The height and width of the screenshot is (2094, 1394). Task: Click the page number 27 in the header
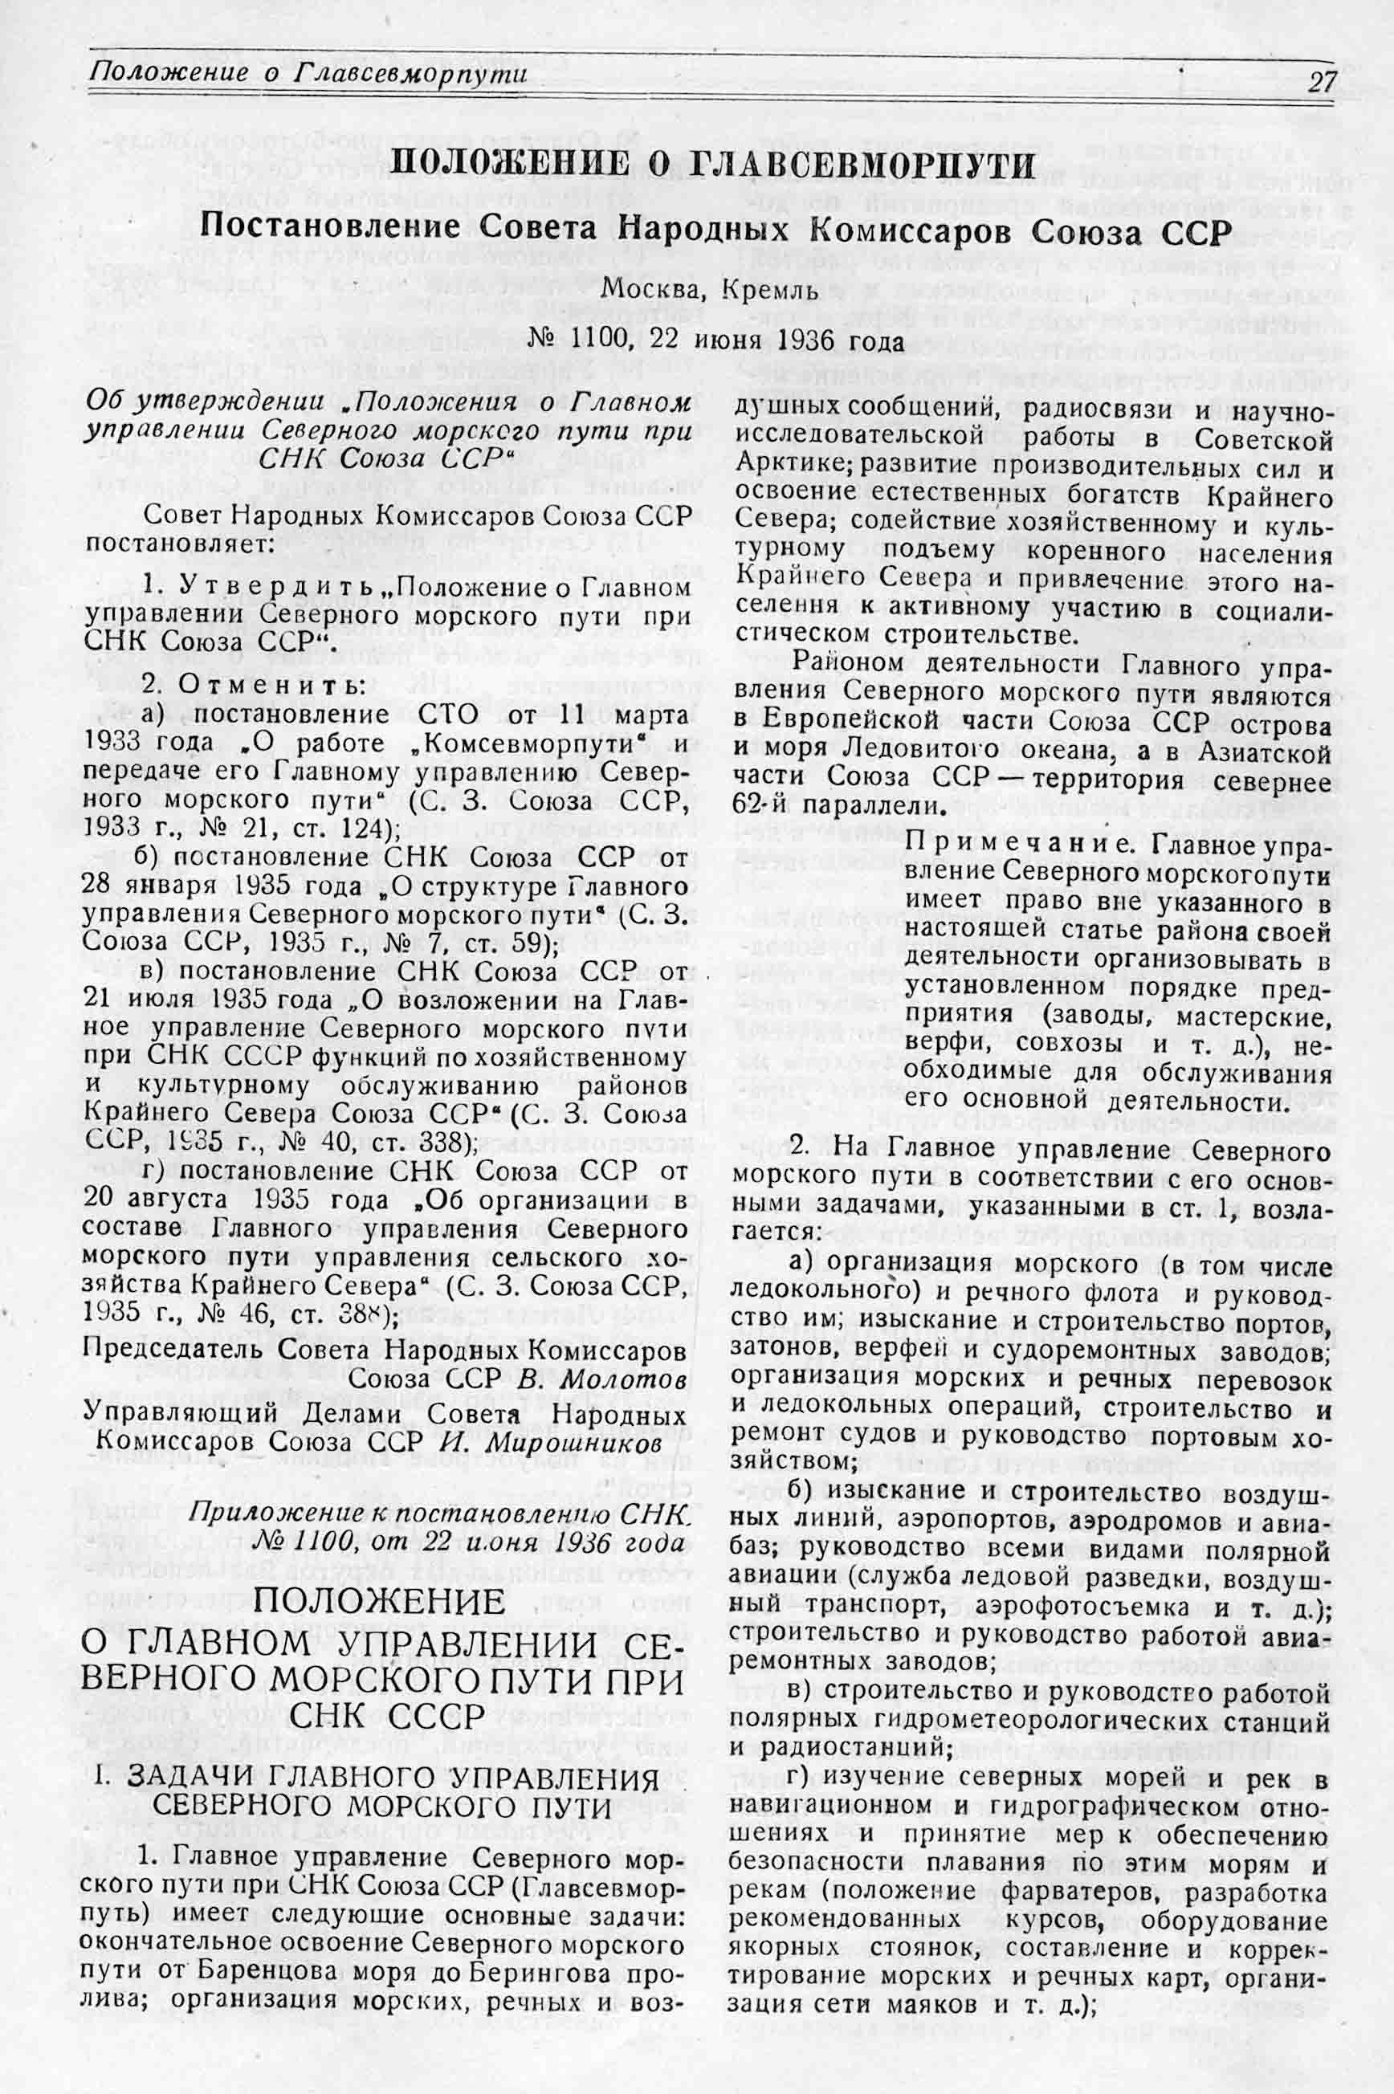[1322, 82]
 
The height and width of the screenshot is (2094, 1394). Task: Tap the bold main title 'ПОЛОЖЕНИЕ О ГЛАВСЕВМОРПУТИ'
[714, 166]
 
